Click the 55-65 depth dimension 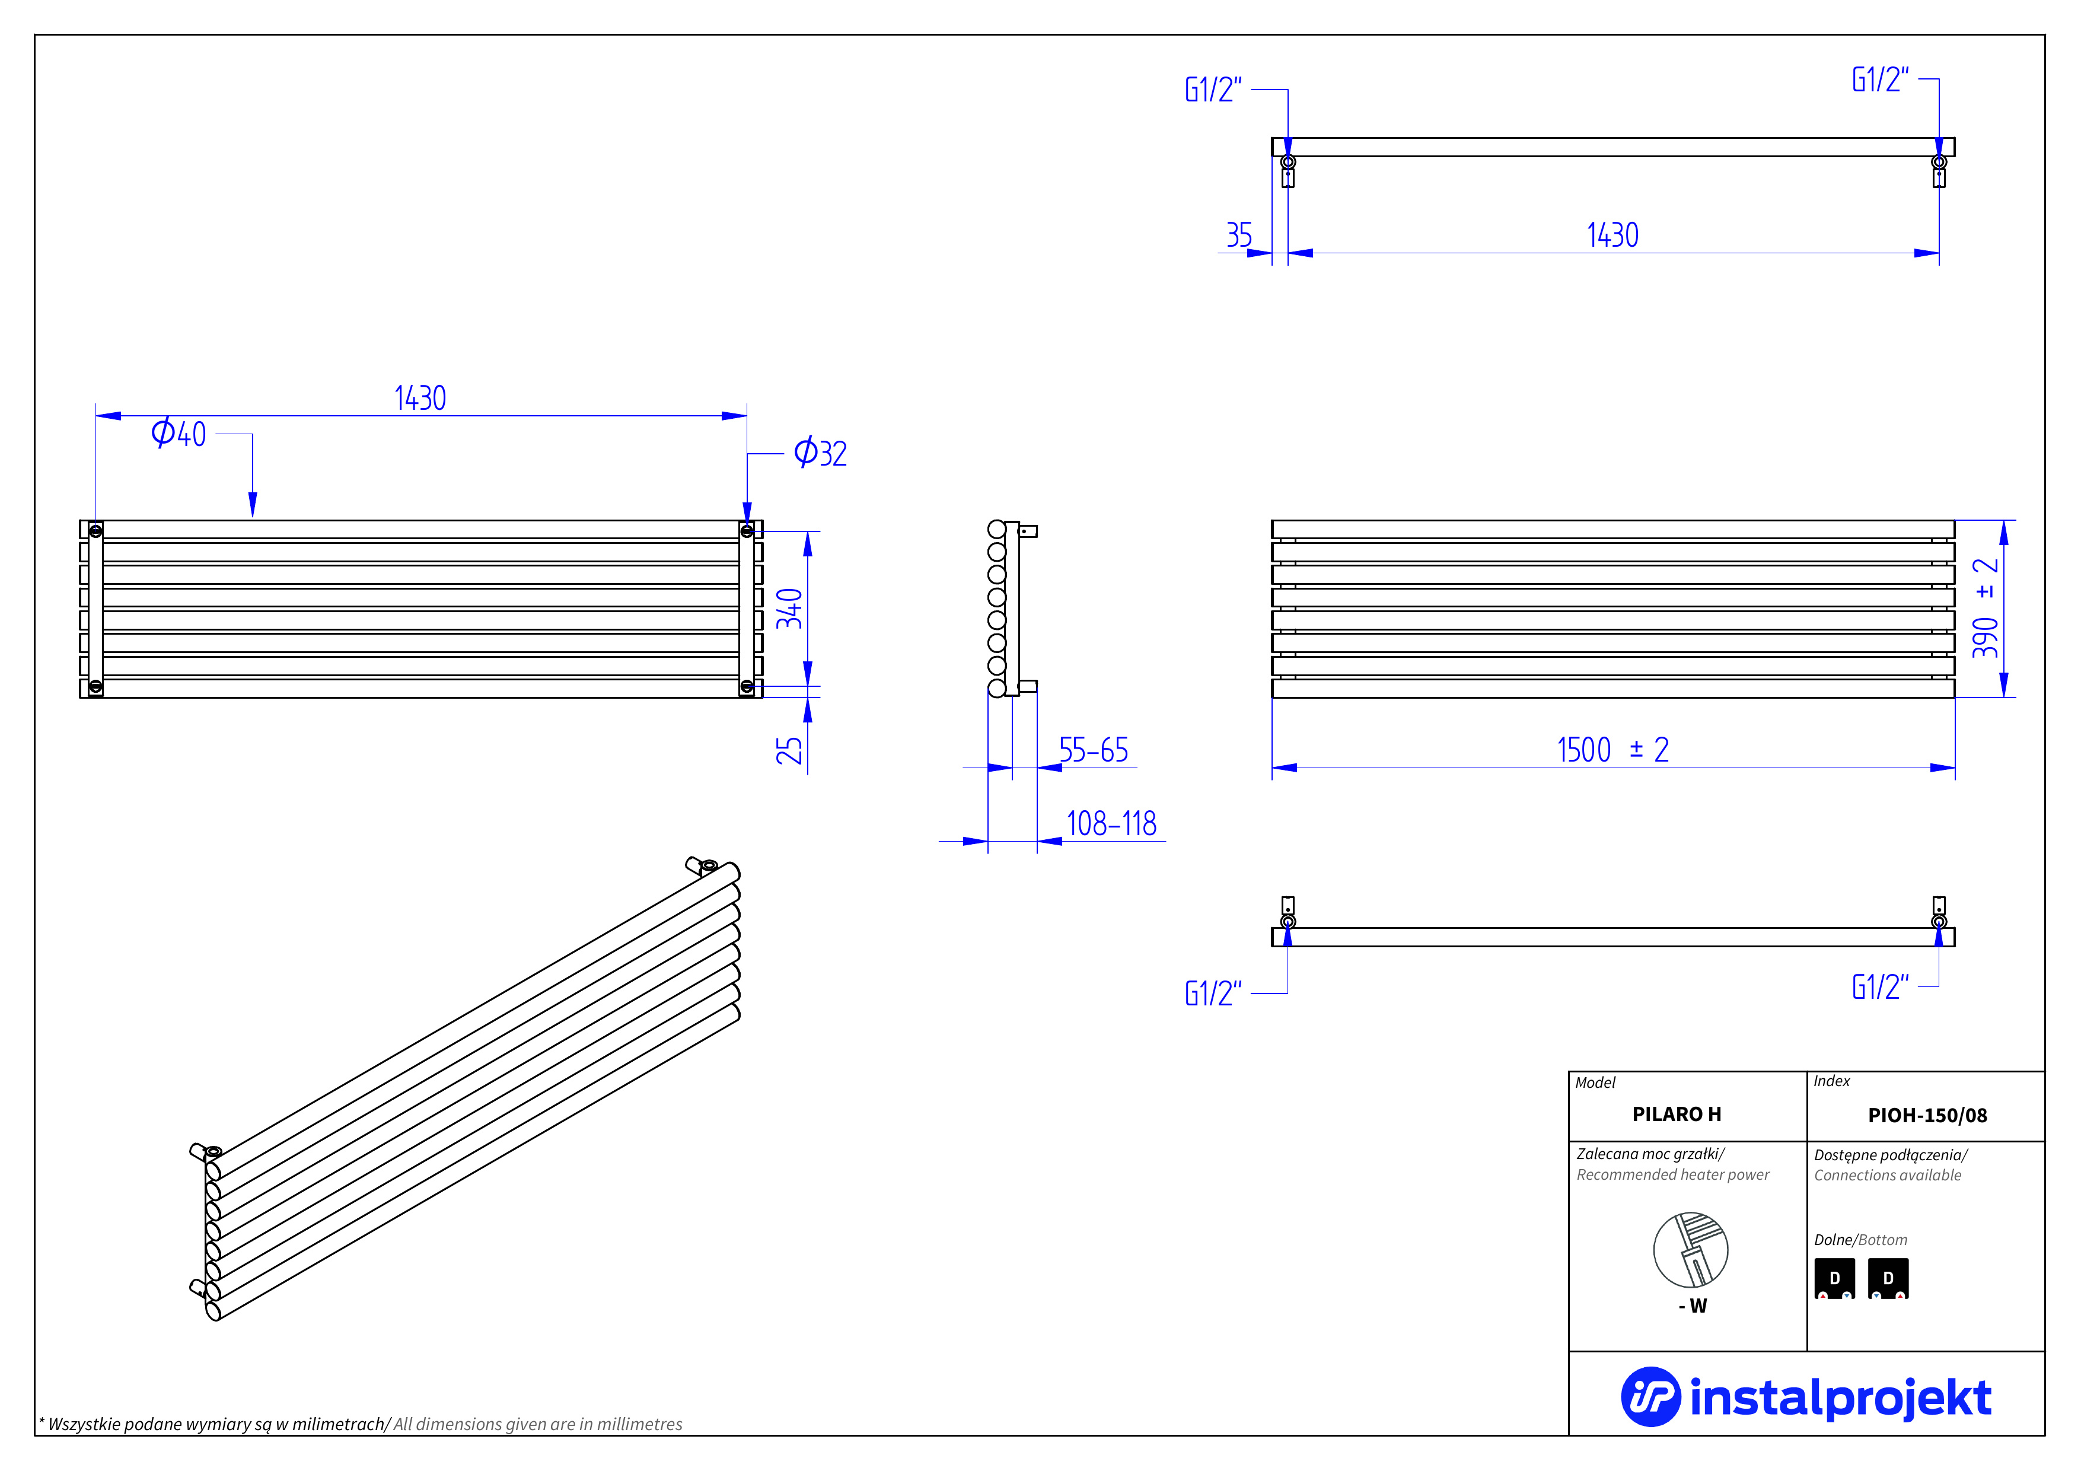tap(1093, 750)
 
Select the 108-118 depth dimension tap(1111, 824)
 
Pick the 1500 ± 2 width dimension tap(1612, 750)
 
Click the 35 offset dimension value tap(1239, 235)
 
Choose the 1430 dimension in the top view tap(1612, 235)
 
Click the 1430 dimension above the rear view tap(420, 399)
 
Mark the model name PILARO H tap(1677, 1115)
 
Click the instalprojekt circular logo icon tap(1650, 1397)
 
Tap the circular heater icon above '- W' tap(1690, 1250)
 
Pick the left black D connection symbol tap(1834, 1279)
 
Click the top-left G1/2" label tap(1213, 90)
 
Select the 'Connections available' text tap(1887, 1176)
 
